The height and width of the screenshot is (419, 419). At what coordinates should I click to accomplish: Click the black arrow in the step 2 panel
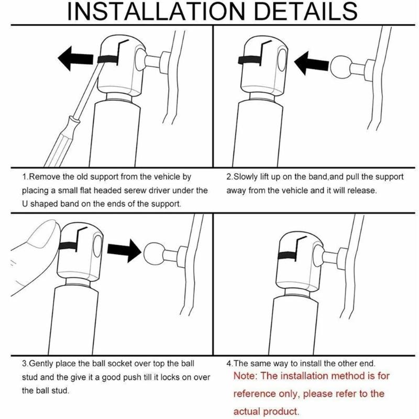click(x=309, y=66)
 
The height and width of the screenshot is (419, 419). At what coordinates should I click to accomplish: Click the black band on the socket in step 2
click(x=250, y=60)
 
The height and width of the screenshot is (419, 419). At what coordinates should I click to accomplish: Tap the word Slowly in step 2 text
click(x=246, y=177)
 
